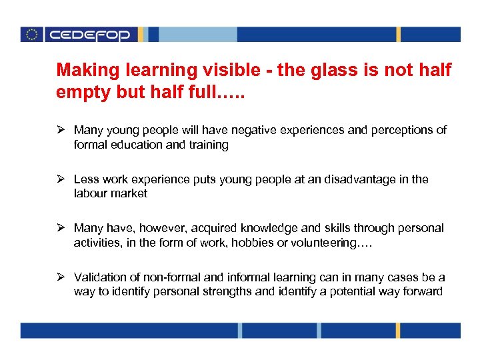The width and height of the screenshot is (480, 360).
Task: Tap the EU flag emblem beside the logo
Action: coord(31,35)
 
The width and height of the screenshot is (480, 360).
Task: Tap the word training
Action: coord(207,144)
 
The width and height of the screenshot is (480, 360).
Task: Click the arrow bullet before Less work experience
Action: coord(61,179)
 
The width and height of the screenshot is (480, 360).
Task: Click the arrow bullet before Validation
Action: coord(61,277)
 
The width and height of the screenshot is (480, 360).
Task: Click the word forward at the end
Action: coord(422,291)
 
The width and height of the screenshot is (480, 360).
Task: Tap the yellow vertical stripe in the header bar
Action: coord(399,35)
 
